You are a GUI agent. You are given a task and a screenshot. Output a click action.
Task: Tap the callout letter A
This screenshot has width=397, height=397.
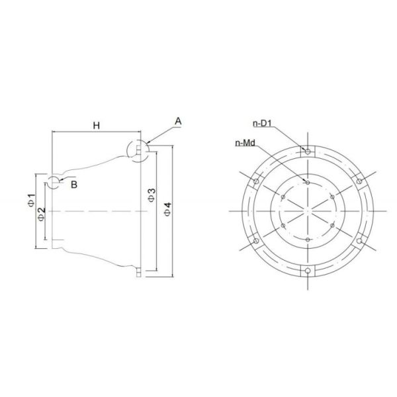click(x=178, y=120)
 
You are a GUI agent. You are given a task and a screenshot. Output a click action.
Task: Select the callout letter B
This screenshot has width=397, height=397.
click(x=74, y=185)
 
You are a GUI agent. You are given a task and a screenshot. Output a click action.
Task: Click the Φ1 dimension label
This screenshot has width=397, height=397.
click(x=31, y=200)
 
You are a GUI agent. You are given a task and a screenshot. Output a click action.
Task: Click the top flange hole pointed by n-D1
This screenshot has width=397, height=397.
click(x=308, y=152)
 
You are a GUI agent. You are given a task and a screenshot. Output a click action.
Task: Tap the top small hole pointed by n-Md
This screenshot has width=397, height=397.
click(x=308, y=181)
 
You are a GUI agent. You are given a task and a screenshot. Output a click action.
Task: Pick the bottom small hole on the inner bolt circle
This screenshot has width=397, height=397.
click(x=308, y=240)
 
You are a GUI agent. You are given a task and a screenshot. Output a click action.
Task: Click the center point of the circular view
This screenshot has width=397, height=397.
click(x=308, y=210)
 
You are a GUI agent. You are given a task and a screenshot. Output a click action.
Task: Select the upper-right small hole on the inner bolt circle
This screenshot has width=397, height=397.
click(x=333, y=196)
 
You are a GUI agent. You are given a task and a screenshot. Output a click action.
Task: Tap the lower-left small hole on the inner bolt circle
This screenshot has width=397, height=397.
click(x=283, y=225)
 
